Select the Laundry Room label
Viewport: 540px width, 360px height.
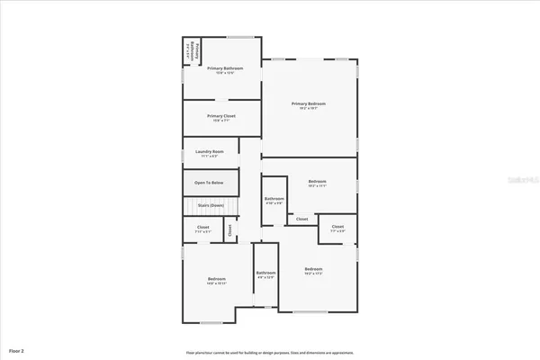(210, 153)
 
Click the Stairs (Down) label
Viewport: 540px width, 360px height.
(210, 206)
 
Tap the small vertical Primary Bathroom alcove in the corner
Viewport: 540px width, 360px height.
(190, 50)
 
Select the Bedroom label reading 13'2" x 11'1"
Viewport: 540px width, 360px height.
(317, 184)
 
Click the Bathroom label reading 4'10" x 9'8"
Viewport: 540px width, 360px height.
(274, 201)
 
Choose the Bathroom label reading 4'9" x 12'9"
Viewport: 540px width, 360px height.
(265, 275)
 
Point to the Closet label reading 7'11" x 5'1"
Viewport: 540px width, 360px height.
(203, 229)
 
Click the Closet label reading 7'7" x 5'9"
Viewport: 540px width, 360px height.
(337, 229)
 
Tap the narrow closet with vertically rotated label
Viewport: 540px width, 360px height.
(229, 230)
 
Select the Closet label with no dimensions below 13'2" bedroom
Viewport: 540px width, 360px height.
(301, 219)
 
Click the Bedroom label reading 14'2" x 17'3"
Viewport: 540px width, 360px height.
(313, 272)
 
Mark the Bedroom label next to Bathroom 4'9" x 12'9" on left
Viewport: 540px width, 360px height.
(217, 281)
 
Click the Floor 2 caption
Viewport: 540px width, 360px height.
(17, 349)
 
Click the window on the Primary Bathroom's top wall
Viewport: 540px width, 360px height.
(239, 37)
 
